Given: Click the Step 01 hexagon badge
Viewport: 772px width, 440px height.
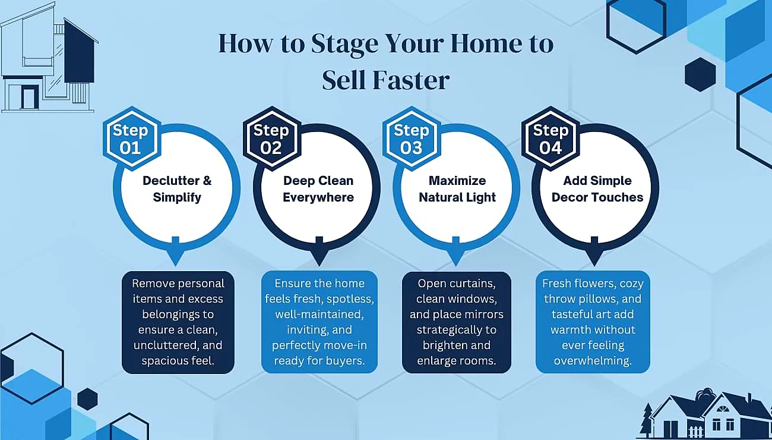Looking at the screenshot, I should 131,139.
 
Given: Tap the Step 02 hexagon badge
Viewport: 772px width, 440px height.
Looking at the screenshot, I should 271,139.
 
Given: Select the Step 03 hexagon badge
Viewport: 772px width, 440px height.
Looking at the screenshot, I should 411,139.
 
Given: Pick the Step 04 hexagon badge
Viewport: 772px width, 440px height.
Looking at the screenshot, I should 550,139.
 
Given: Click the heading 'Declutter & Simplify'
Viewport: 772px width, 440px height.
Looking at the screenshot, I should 177,189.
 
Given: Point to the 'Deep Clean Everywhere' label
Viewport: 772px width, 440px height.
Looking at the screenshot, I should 318,189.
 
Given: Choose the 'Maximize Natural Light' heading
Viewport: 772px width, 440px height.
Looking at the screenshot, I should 457,189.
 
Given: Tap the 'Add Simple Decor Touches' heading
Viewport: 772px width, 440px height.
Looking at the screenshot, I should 597,189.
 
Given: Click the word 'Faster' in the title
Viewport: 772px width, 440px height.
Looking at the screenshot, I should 413,80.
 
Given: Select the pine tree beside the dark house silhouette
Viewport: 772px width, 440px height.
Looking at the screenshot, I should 646,421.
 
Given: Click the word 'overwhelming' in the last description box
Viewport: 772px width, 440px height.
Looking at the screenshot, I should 593,361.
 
